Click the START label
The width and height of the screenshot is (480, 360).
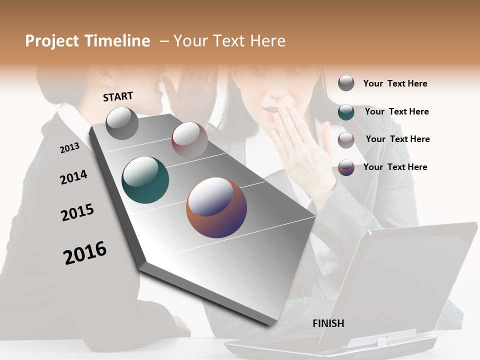[118, 96]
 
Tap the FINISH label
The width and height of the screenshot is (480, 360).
[328, 323]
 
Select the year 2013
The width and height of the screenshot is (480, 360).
[69, 147]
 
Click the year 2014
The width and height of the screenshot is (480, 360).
[73, 177]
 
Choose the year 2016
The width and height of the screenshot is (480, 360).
[85, 252]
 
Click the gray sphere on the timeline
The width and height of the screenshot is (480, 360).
[122, 123]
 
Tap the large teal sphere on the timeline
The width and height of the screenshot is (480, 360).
[145, 179]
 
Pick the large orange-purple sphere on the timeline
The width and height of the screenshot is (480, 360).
[216, 207]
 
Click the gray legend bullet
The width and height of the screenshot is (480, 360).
[346, 83]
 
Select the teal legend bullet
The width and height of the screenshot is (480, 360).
[346, 111]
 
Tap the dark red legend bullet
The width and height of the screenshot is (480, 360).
[346, 140]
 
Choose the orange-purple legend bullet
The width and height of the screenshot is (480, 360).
[346, 167]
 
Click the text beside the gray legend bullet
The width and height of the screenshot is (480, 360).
[395, 83]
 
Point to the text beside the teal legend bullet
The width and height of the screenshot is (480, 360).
[396, 111]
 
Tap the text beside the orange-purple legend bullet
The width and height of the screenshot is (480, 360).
[395, 167]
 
